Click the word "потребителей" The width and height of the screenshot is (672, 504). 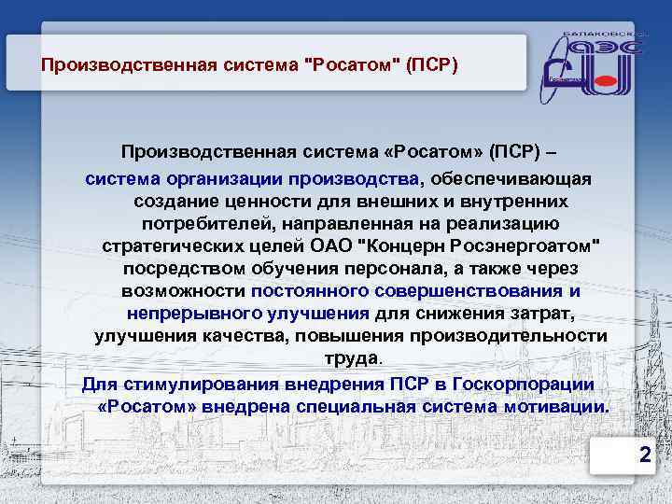203,223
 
